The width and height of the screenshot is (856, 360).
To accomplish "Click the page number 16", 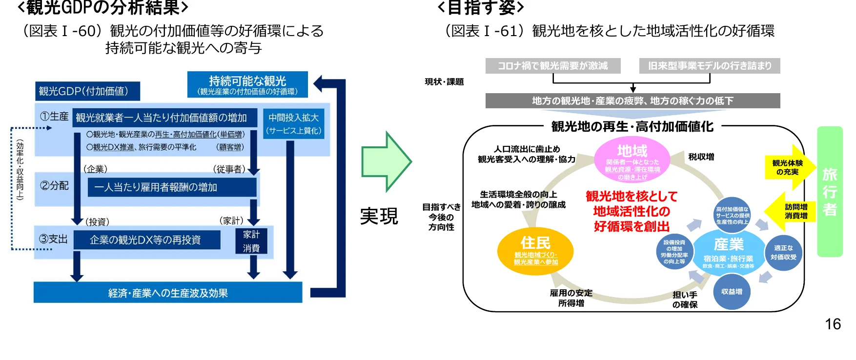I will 833,324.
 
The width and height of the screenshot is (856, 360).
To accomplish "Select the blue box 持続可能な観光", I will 247,84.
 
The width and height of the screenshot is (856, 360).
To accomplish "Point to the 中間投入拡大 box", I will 293,124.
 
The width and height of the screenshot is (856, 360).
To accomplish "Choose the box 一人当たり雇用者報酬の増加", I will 172,187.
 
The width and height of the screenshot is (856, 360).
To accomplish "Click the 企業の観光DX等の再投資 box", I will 146,240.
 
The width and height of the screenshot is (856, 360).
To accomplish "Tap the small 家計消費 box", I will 251,241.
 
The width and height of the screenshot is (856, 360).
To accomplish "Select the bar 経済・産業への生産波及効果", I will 168,293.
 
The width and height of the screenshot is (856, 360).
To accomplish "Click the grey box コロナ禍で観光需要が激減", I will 552,66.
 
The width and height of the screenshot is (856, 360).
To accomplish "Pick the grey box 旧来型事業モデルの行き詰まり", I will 709,66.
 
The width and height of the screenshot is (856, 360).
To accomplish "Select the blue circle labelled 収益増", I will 732,292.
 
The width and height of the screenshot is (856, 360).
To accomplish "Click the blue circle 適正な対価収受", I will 783,253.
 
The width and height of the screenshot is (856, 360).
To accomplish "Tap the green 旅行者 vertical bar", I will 830,192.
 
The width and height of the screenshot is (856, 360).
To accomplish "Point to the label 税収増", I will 701,157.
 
